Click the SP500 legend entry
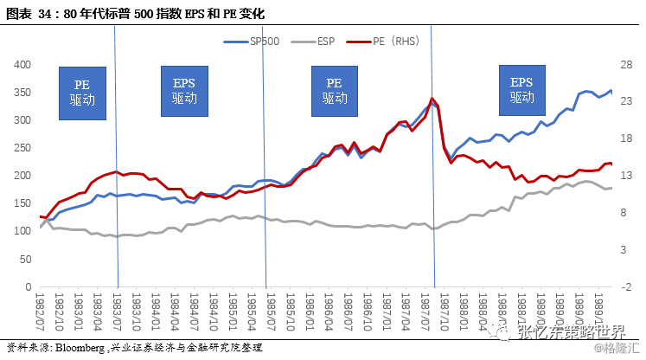click(255, 40)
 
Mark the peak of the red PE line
click(432, 99)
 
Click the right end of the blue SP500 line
click(611, 91)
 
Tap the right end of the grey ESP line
click(611, 188)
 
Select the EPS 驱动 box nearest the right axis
click(521, 90)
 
